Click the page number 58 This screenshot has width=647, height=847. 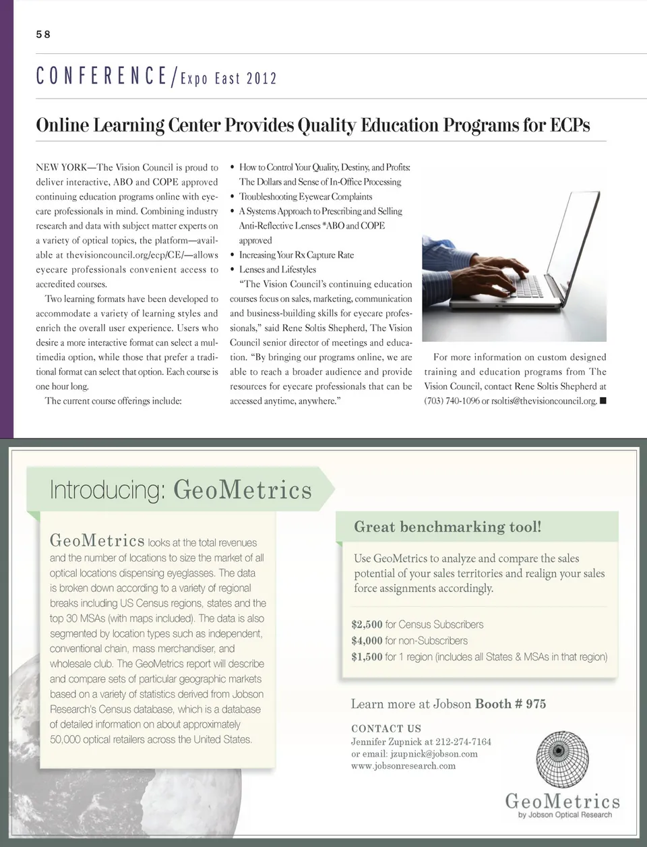pyautogui.click(x=43, y=34)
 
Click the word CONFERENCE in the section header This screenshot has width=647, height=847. pyautogui.click(x=101, y=76)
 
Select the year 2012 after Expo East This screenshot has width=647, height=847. pyautogui.click(x=261, y=78)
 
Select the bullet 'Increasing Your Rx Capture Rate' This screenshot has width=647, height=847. pyautogui.click(x=296, y=255)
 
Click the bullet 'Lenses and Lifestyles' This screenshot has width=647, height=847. pyautogui.click(x=277, y=270)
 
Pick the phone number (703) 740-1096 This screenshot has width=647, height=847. pyautogui.click(x=451, y=401)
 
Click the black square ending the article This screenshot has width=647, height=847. pyautogui.click(x=603, y=401)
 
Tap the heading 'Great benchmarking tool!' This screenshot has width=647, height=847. pyautogui.click(x=448, y=527)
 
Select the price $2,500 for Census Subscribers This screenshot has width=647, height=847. pyautogui.click(x=367, y=624)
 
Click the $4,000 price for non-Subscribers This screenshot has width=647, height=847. pyautogui.click(x=367, y=641)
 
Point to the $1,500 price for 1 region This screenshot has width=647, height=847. pyautogui.click(x=367, y=657)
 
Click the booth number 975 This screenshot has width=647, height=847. pyautogui.click(x=536, y=704)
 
